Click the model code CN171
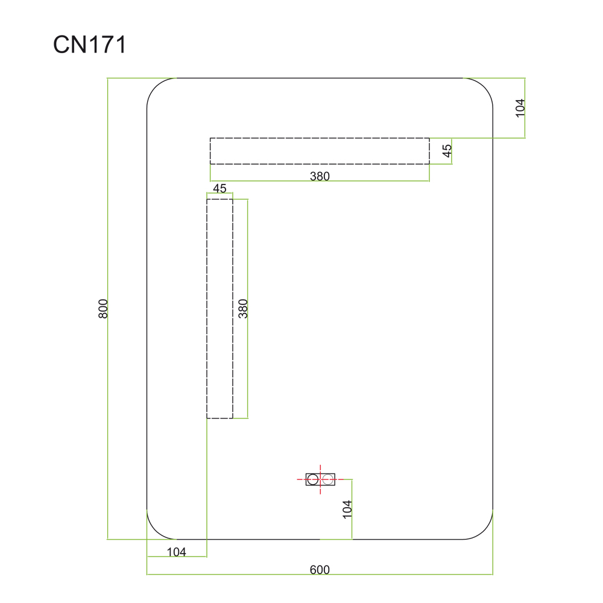point(90,45)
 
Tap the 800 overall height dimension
point(103,308)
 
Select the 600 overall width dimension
point(320,570)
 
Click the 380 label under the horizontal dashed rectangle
point(320,176)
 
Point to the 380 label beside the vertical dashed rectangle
point(243,308)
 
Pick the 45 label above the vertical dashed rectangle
point(219,188)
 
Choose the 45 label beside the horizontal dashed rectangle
point(447,151)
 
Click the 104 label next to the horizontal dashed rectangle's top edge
point(520,108)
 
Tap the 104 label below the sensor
point(347,509)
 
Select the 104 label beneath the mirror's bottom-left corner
point(177,552)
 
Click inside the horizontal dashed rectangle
point(320,151)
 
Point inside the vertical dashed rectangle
point(219,308)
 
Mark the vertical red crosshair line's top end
point(320,465)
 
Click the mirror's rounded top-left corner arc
point(156,87)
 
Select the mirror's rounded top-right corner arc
point(484,87)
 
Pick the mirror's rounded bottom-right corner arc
point(484,530)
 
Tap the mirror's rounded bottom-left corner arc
point(156,530)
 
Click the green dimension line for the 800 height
point(108,308)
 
